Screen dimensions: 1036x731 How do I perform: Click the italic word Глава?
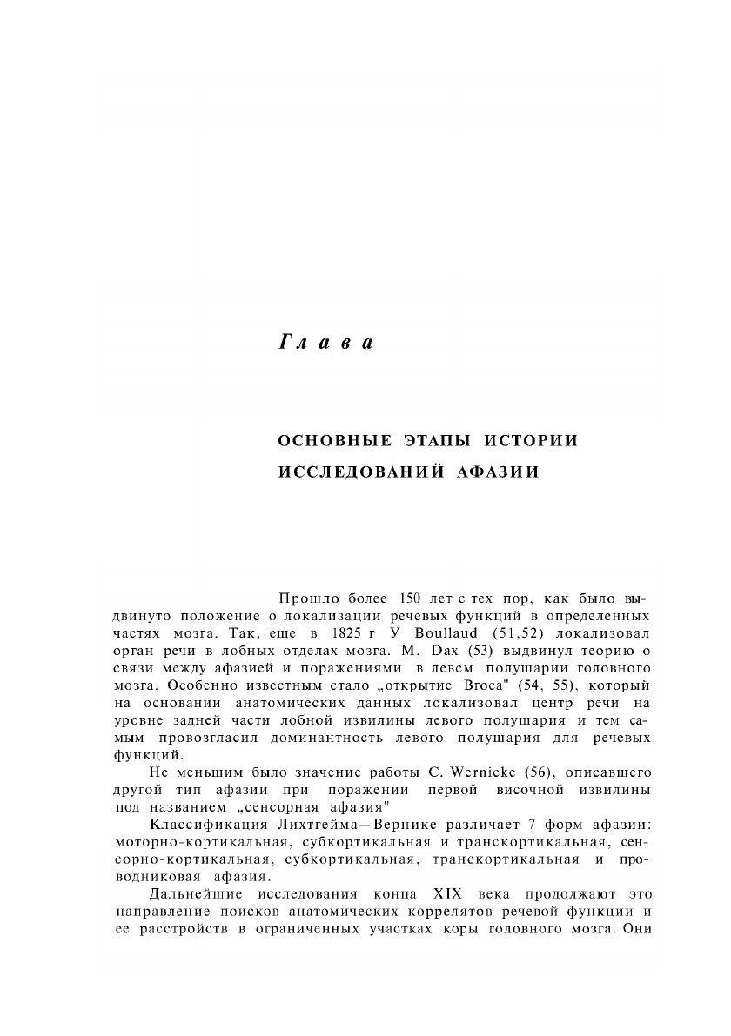pyautogui.click(x=325, y=344)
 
